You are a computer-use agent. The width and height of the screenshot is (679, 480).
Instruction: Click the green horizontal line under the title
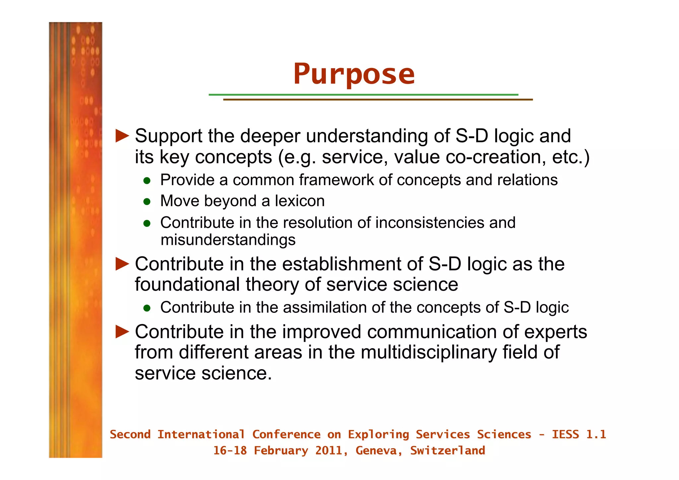pyautogui.click(x=363, y=95)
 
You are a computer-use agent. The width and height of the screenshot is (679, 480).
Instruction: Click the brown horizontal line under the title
pyautogui.click(x=378, y=100)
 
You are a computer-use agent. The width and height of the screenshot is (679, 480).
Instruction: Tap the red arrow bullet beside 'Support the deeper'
pyautogui.click(x=122, y=136)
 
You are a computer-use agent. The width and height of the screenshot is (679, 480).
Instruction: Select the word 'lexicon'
pyautogui.click(x=299, y=201)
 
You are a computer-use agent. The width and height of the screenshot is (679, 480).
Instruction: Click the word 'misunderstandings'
pyautogui.click(x=228, y=240)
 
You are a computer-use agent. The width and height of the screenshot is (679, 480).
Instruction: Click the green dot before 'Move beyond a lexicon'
pyautogui.click(x=147, y=202)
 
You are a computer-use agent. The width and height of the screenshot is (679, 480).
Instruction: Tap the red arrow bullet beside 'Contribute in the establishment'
pyautogui.click(x=122, y=264)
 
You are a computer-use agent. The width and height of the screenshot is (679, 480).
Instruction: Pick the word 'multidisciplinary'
pyautogui.click(x=429, y=352)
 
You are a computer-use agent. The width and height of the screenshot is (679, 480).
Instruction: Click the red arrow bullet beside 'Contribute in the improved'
pyautogui.click(x=122, y=332)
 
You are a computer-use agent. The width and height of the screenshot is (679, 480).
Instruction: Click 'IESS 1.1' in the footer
pyautogui.click(x=579, y=434)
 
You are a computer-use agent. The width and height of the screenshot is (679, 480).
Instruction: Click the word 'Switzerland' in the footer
pyautogui.click(x=447, y=450)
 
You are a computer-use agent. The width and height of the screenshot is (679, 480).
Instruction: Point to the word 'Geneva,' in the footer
pyautogui.click(x=379, y=450)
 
